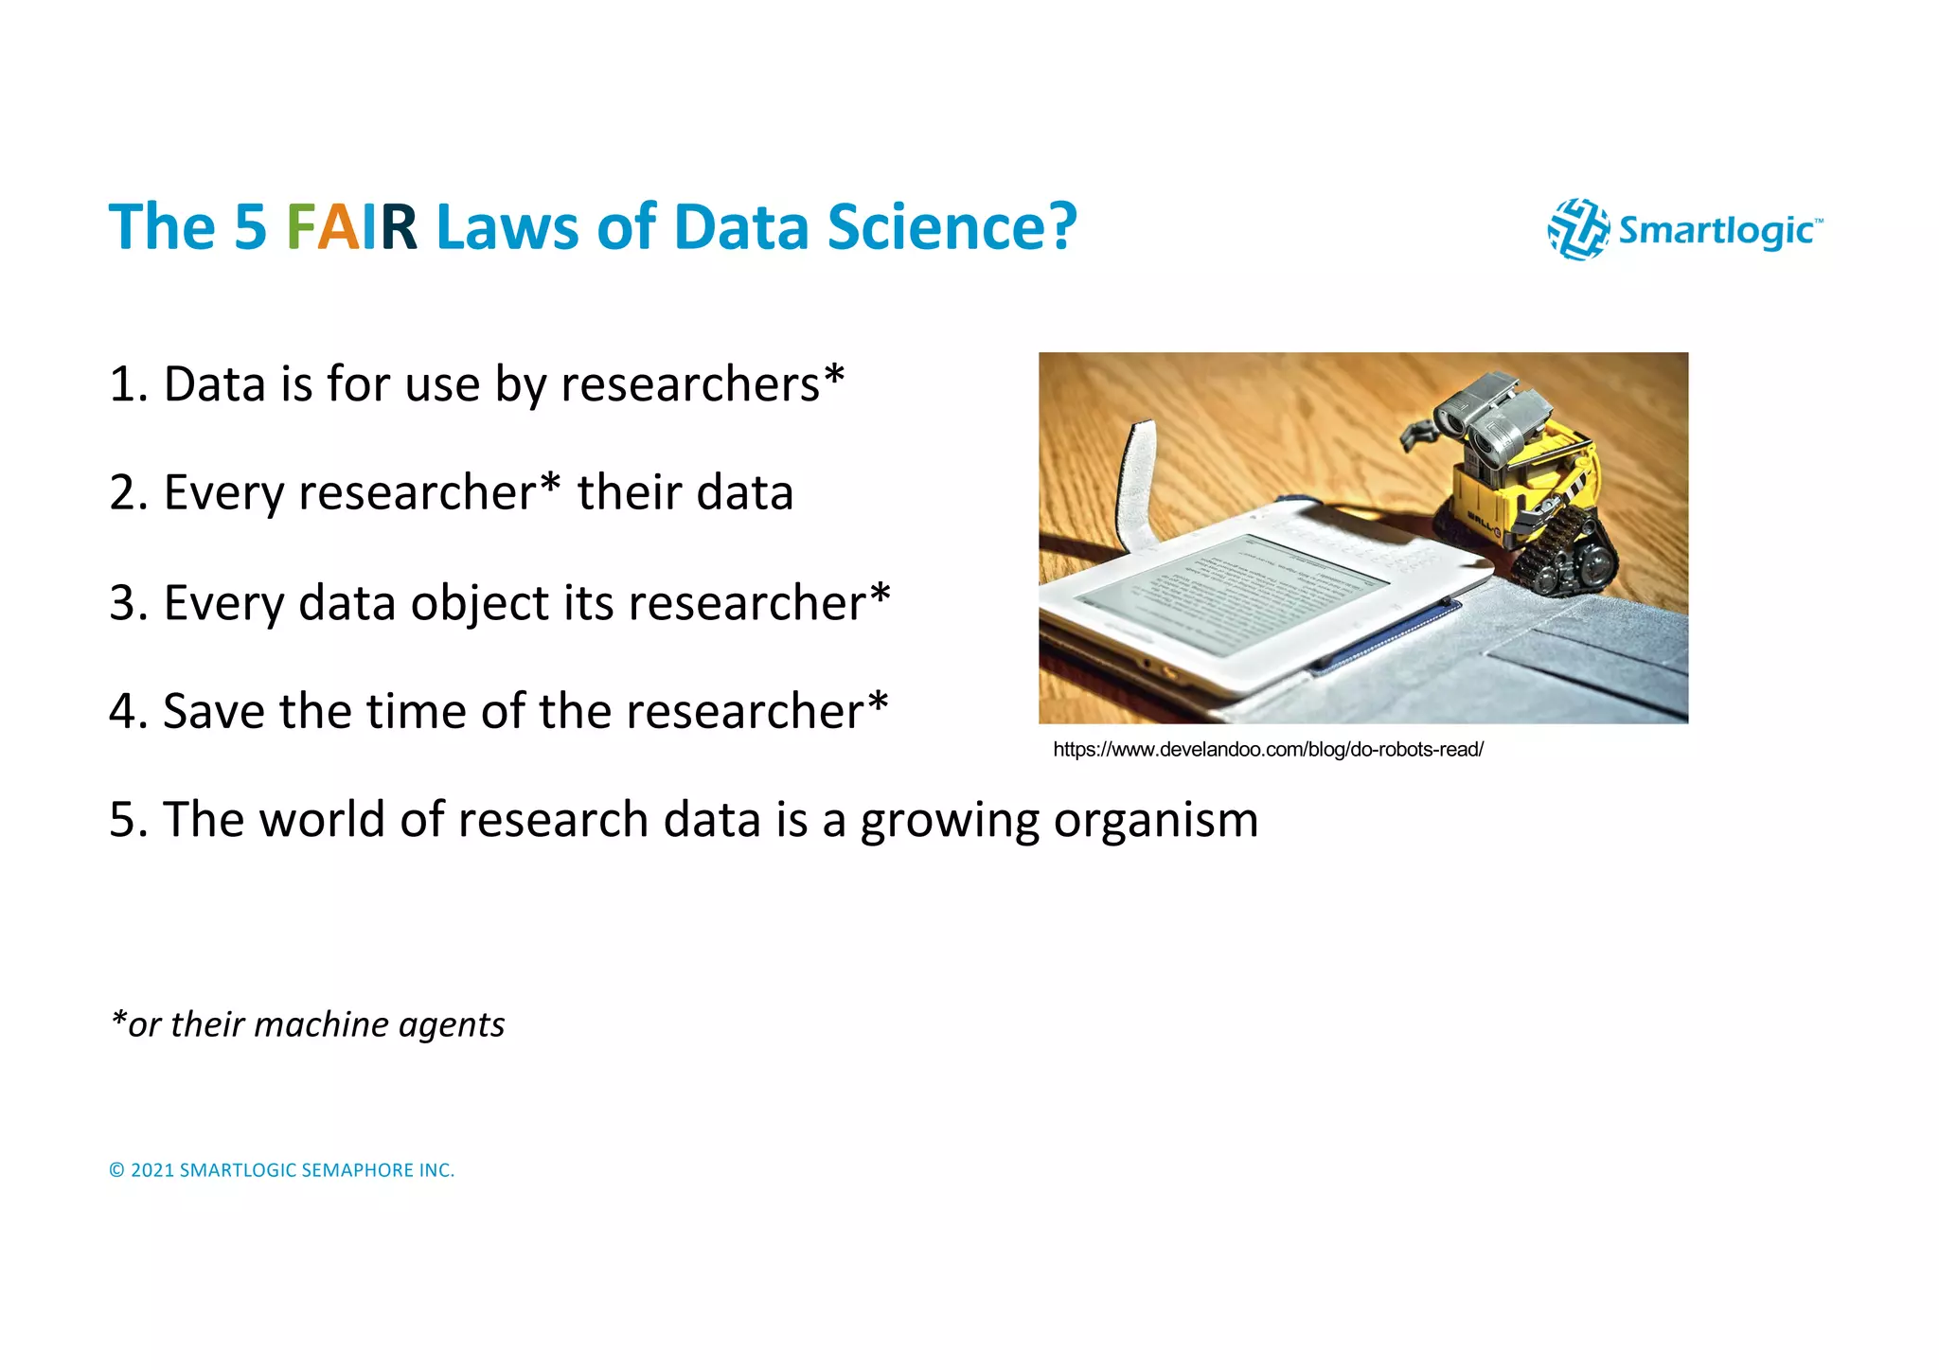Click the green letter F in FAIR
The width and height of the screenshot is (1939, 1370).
[x=300, y=227]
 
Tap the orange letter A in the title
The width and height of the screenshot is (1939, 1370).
[x=338, y=227]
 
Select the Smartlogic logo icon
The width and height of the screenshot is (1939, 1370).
[x=1577, y=229]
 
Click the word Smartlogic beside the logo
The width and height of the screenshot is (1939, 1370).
[x=1717, y=230]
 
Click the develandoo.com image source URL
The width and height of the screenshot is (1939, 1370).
[x=1267, y=750]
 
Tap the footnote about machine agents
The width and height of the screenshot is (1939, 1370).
[x=308, y=1024]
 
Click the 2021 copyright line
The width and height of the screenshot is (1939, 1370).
[x=281, y=1170]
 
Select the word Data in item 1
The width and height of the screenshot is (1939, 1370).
[x=214, y=384]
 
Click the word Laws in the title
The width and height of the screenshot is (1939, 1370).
[x=507, y=227]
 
